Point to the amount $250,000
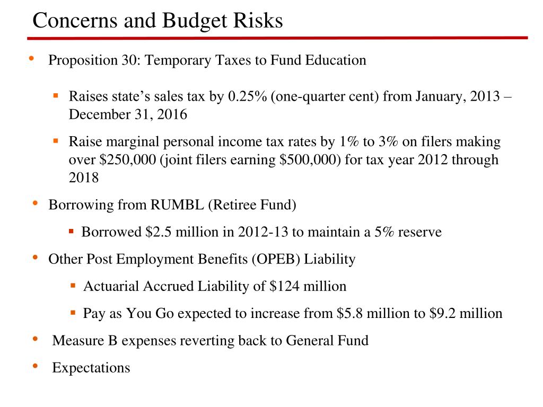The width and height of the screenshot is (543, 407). (128, 160)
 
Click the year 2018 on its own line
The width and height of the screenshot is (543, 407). (84, 178)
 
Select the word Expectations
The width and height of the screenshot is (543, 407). (91, 368)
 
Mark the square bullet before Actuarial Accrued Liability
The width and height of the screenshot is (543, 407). (73, 286)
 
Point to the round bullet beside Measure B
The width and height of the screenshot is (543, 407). (35, 338)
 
